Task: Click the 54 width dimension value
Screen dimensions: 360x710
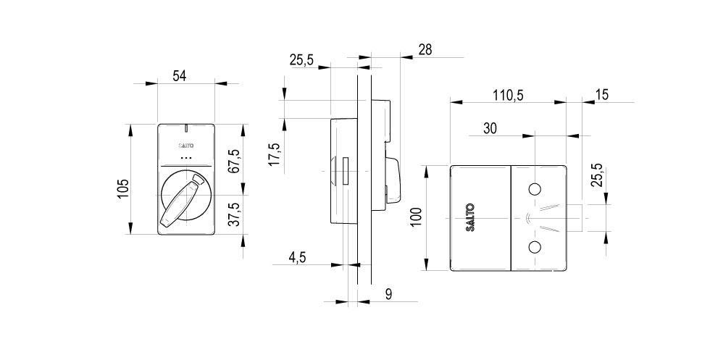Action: (179, 75)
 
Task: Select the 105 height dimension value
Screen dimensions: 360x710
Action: (123, 188)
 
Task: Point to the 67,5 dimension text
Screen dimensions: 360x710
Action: (233, 161)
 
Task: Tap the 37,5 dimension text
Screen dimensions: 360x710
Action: (233, 216)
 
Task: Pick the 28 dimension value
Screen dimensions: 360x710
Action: (425, 49)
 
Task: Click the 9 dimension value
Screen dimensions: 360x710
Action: (388, 293)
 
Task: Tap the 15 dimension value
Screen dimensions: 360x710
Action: (602, 94)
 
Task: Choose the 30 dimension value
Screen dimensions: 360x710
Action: (490, 128)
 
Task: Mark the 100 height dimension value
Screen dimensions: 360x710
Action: (416, 217)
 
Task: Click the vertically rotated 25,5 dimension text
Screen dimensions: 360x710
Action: (597, 175)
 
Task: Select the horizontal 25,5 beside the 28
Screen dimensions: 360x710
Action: (301, 60)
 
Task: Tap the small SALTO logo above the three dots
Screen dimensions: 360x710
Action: (187, 146)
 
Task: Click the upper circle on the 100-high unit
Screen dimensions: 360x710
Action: (535, 190)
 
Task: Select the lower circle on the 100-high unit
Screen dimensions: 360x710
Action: (535, 247)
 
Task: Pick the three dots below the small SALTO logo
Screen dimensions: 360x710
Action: (187, 157)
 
